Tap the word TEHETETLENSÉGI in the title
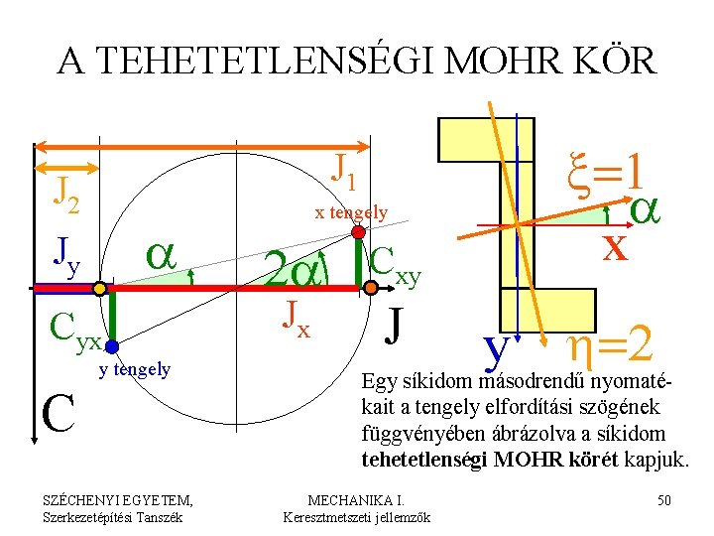tap(257, 62)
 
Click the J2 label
tap(64, 188)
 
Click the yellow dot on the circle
tap(100, 289)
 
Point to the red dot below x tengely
tap(357, 232)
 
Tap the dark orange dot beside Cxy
tap(370, 287)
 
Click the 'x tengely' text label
tap(351, 211)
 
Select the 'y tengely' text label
tap(135, 370)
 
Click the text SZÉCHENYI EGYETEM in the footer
tap(111, 499)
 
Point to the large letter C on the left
tap(59, 415)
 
